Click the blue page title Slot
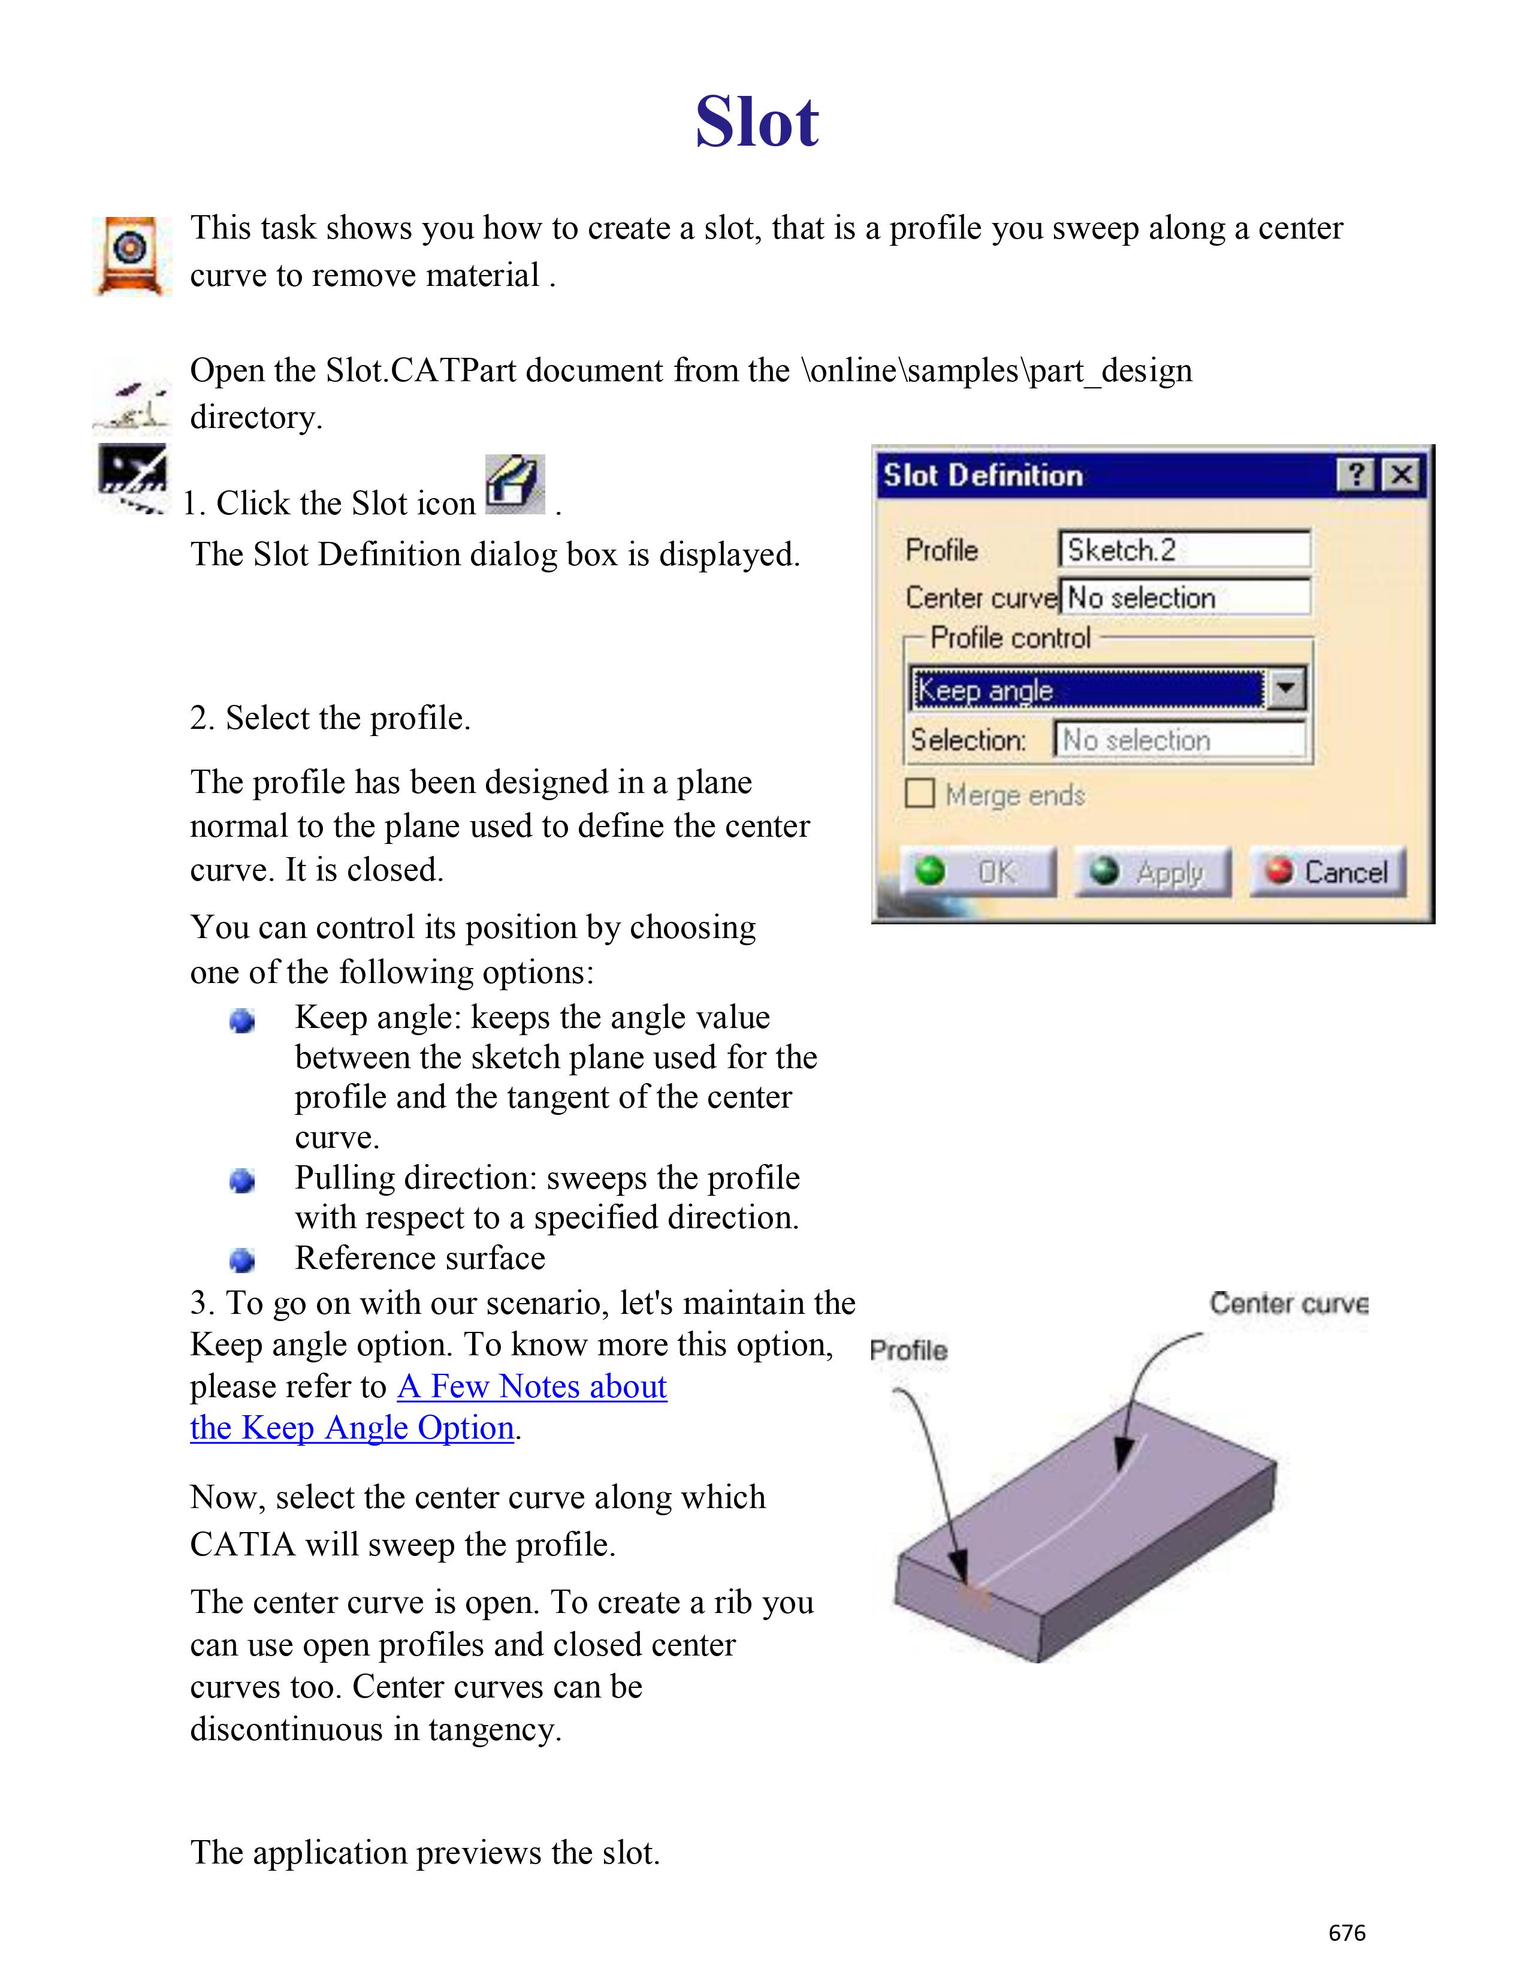[x=757, y=122]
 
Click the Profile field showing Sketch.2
[x=1183, y=550]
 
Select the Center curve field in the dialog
[x=1183, y=598]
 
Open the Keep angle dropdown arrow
[x=1285, y=689]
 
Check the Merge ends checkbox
[x=920, y=794]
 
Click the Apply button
[x=1152, y=872]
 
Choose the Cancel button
[x=1327, y=872]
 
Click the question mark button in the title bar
[x=1355, y=475]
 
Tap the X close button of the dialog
[x=1402, y=475]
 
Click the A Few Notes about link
[x=532, y=1386]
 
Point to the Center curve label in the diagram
[x=1288, y=1303]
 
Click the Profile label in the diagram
[x=908, y=1350]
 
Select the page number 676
[x=1346, y=1932]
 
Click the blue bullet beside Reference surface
[x=241, y=1260]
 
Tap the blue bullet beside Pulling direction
[x=241, y=1180]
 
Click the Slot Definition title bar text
[x=983, y=475]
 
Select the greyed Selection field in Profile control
[x=1179, y=740]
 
